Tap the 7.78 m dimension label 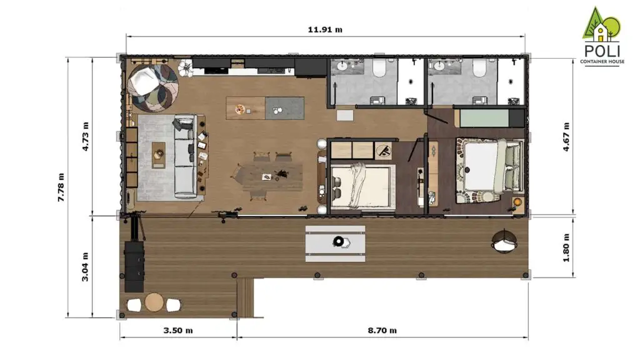(x=61, y=187)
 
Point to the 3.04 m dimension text (x=86, y=266)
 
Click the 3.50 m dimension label (x=177, y=330)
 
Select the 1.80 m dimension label (x=567, y=247)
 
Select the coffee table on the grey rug (x=159, y=152)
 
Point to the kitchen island (x=265, y=108)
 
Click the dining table (x=269, y=177)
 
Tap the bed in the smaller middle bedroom (x=360, y=186)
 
